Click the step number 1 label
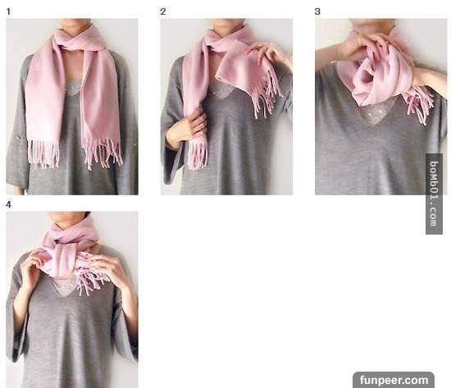(8, 11)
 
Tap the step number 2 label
(163, 11)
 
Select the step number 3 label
(317, 11)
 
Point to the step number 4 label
(9, 204)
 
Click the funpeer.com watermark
(394, 380)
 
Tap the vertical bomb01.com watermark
(434, 194)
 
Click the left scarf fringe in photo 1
(43, 153)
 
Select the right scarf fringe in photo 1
(102, 153)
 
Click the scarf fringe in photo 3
(419, 104)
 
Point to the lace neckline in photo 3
(374, 114)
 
